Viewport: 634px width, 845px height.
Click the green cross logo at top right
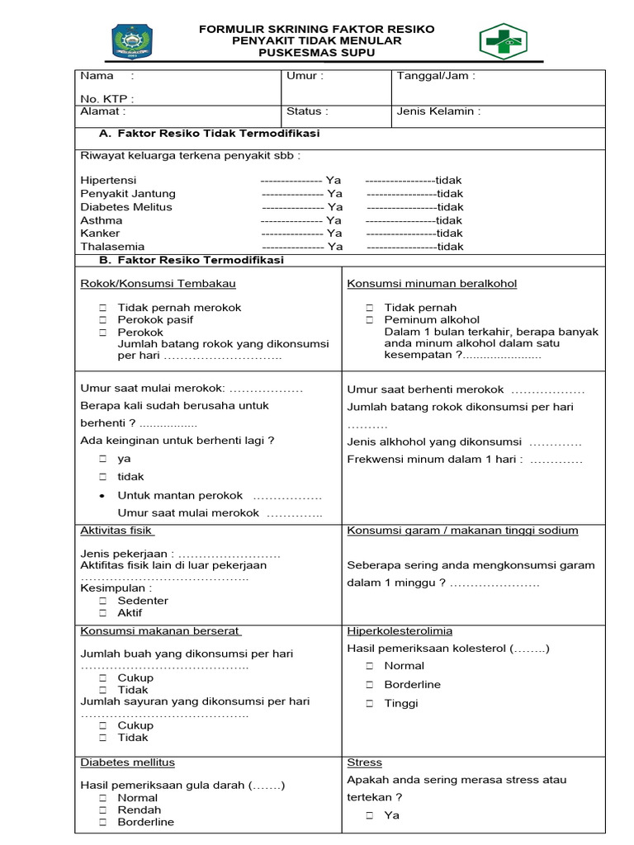coord(503,41)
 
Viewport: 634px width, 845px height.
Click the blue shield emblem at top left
coord(131,41)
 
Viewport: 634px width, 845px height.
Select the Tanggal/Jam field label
coord(435,76)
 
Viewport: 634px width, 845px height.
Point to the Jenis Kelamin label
coord(438,111)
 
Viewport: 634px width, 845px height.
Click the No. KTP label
coord(106,99)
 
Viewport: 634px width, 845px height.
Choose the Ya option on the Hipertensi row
coord(334,180)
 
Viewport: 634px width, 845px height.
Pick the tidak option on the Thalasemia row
coord(451,247)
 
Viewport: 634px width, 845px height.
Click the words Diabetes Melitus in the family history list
coord(126,207)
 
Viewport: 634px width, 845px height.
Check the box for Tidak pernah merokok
coord(103,308)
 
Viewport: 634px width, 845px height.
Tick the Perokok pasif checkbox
coord(103,320)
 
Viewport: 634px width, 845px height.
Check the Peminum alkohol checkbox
coord(370,320)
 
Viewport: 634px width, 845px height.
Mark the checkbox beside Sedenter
coord(103,602)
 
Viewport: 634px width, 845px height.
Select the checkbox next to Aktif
coord(103,613)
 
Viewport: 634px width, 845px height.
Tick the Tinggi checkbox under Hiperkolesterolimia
coord(370,704)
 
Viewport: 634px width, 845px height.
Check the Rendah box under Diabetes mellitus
coord(103,810)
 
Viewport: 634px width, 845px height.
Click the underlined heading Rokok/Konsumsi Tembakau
coord(158,284)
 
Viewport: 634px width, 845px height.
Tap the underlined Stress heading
coord(364,763)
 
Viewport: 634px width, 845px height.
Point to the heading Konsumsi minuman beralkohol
coord(432,284)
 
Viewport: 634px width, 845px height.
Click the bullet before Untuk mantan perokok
coord(102,497)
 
